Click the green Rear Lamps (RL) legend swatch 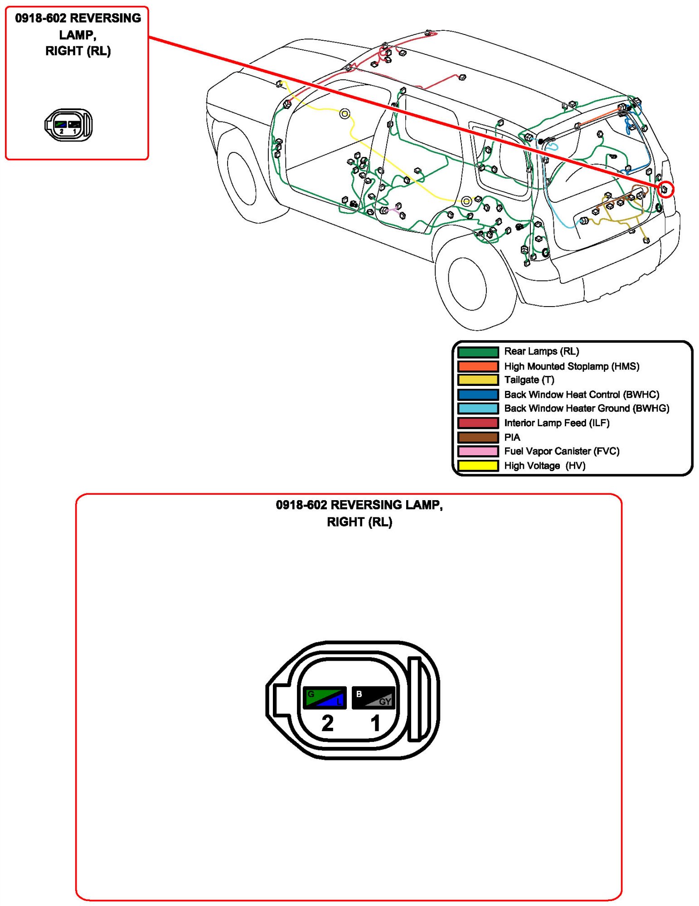[477, 352]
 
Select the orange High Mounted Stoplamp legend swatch [477, 366]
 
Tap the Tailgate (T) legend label [529, 380]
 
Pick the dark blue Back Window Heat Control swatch [477, 395]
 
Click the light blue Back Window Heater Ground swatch [477, 409]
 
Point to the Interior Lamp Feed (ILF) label [556, 423]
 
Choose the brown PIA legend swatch [477, 437]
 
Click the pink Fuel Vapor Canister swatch [477, 451]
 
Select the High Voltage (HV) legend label [544, 466]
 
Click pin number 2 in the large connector [327, 723]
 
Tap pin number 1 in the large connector [375, 723]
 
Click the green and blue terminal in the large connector [325, 697]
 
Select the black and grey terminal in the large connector [374, 697]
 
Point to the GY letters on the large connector [385, 702]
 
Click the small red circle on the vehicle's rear [665, 189]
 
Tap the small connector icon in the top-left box [68, 125]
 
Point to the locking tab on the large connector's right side [416, 699]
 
